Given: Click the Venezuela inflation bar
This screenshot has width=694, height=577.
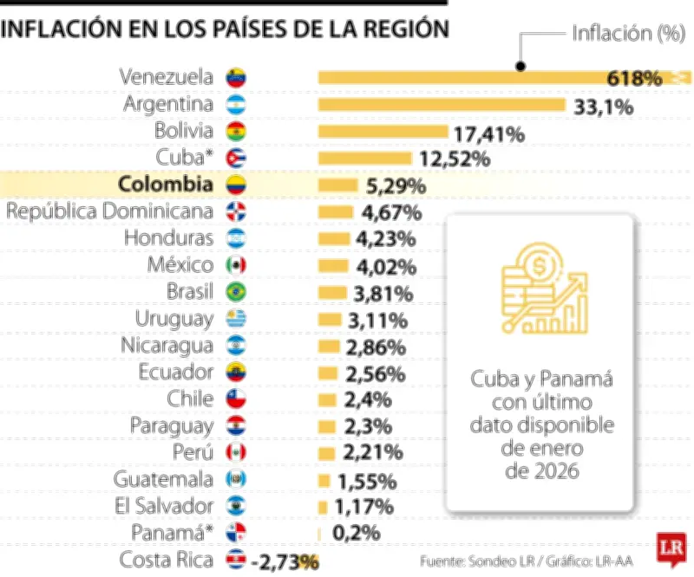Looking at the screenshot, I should coord(460,78).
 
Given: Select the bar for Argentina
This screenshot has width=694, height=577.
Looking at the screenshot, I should coord(442,105).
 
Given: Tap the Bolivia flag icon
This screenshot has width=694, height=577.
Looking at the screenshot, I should coord(236,132).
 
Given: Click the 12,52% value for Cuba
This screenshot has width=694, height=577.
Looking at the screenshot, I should coord(455,159).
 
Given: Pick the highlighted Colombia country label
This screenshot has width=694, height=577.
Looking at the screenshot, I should coord(165,185).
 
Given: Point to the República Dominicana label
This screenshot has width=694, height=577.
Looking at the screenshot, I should coord(109,211).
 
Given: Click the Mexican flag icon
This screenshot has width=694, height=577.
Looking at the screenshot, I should coord(236,265).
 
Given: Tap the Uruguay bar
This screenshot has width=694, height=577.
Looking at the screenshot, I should coord(329,319).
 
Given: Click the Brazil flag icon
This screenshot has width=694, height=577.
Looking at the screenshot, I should coord(236,292).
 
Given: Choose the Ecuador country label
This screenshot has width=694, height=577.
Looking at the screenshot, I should coord(175,373).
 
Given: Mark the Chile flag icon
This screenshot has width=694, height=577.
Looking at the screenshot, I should coord(236,399).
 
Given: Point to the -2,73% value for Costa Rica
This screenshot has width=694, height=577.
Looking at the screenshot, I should coord(285,561).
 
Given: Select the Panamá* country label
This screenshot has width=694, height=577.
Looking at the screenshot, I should coord(172,533).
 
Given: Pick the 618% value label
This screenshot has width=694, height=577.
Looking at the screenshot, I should coord(634,78).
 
